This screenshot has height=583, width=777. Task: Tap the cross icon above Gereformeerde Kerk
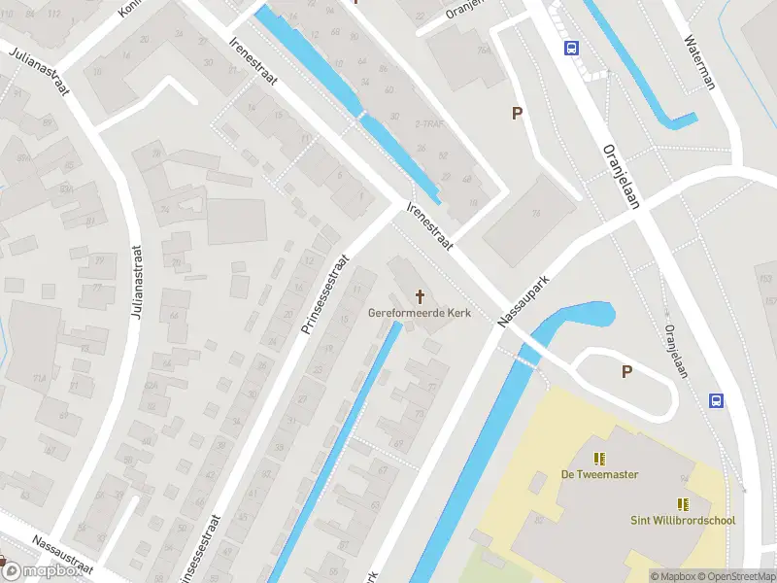[x=421, y=295]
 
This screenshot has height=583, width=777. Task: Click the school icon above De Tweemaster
[x=599, y=458]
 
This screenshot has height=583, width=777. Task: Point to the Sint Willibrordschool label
[x=682, y=521]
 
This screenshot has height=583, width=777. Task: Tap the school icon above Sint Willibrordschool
[x=683, y=503]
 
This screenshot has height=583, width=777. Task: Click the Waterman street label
[x=699, y=63]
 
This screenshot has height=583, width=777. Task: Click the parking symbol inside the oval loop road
[x=626, y=371]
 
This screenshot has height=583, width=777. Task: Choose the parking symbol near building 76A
[x=518, y=114]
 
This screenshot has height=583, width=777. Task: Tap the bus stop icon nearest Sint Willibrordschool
[x=717, y=400]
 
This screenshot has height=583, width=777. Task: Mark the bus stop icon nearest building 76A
[x=571, y=48]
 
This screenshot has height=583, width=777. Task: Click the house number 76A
[x=483, y=50]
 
